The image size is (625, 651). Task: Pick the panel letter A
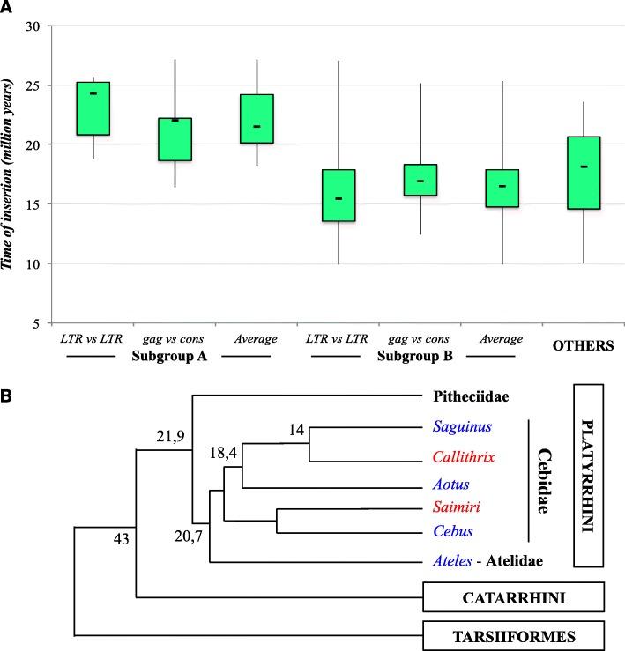tap(8, 8)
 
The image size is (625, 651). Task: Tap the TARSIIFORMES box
tap(513, 633)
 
